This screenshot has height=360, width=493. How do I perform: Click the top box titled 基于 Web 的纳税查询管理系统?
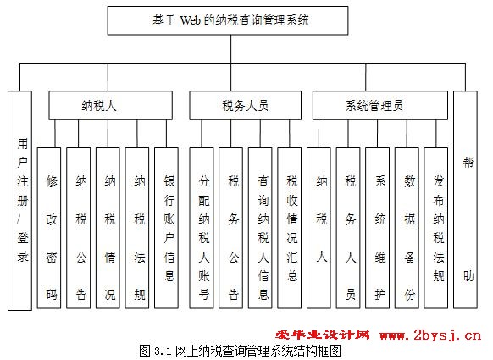[x=228, y=20]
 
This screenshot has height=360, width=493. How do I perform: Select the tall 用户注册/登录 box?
[x=19, y=201]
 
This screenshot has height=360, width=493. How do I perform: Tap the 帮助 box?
[x=465, y=200]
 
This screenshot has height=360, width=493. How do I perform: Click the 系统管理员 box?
[x=380, y=105]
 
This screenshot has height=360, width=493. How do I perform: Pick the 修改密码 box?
[x=49, y=228]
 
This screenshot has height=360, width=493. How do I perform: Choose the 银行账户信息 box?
[x=166, y=228]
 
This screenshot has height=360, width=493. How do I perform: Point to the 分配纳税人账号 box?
[x=202, y=228]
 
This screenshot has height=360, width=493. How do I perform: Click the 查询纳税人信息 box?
[x=260, y=228]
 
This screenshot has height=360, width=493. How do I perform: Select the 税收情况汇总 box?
[x=289, y=228]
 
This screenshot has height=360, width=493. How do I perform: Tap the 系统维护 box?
[x=377, y=228]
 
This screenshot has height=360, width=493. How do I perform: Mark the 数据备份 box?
[x=407, y=228]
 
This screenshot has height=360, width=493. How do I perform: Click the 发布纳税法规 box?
[x=435, y=228]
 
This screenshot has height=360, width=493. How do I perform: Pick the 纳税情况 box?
[x=108, y=228]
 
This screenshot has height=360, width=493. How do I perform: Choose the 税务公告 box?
[x=230, y=228]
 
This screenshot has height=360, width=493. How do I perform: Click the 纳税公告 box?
[x=78, y=228]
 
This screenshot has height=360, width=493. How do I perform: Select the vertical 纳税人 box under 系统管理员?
[x=319, y=228]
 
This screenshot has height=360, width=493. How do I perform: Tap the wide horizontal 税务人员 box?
[x=246, y=105]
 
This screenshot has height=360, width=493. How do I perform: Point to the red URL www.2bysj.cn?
[x=430, y=335]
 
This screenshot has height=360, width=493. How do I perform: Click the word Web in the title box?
[x=190, y=20]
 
